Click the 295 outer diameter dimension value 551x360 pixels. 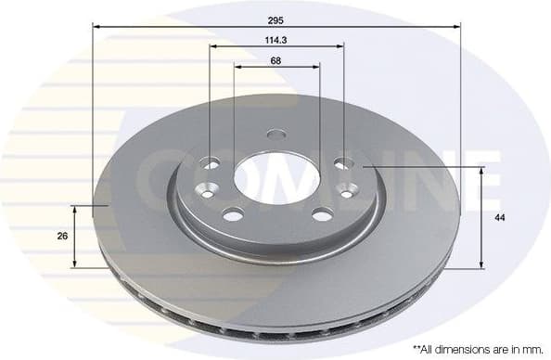276,18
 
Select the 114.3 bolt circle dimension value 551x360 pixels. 276,39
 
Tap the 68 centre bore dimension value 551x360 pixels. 276,60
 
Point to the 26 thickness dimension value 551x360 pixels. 62,237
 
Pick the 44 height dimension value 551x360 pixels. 499,217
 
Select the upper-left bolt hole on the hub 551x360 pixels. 211,163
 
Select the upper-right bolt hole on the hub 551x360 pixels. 342,163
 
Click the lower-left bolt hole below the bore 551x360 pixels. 233,215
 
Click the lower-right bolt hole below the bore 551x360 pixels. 322,215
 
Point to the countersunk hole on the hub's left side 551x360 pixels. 206,190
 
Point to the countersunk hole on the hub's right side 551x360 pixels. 348,190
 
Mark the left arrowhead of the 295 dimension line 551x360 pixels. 96,27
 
